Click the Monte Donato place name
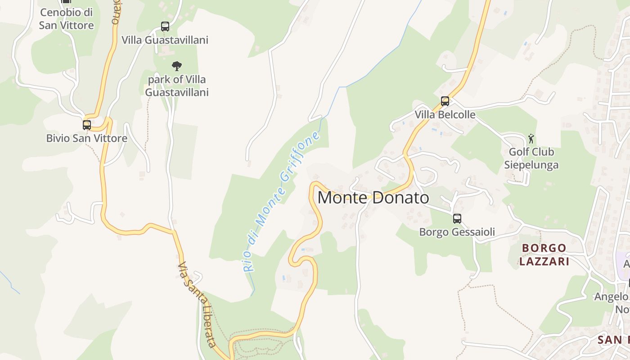coord(373,198)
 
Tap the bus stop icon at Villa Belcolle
coord(445,101)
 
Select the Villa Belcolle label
coord(445,115)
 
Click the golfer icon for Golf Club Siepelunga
coord(531,139)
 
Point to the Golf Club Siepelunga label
coord(531,158)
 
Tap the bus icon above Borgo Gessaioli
coord(457,219)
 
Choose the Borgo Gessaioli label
coord(457,232)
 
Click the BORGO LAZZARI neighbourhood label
coord(544,254)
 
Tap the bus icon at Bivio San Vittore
coord(87,125)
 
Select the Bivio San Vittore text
coord(87,139)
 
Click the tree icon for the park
coord(177,66)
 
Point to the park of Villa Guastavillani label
coord(177,86)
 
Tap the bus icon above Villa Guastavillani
coord(165,27)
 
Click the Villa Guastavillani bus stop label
coord(165,40)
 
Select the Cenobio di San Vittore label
coord(67,19)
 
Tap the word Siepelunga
coord(531,165)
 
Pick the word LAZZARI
coord(544,261)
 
